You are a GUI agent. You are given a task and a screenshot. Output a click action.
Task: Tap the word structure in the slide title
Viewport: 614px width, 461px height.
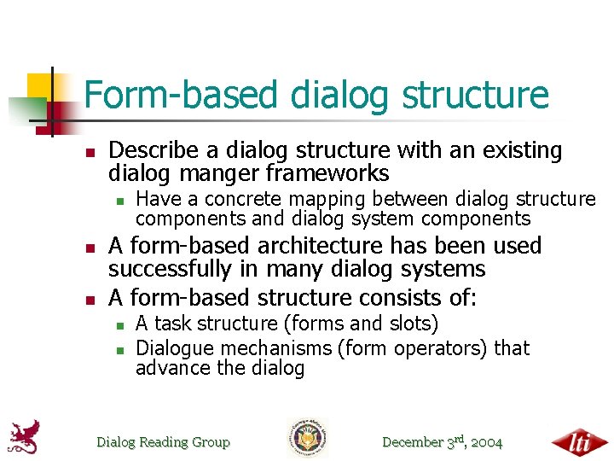475,96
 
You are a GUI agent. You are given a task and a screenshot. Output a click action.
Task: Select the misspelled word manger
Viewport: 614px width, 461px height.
219,173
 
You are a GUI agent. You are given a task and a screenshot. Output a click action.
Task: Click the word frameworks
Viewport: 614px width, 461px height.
327,172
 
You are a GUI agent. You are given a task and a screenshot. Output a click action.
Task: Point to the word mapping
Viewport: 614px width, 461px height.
327,200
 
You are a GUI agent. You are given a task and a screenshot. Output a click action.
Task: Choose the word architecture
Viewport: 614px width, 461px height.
320,246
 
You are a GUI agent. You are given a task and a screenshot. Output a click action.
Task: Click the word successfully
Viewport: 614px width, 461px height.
170,269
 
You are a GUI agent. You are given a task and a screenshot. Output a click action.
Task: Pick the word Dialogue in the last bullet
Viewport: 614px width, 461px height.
176,348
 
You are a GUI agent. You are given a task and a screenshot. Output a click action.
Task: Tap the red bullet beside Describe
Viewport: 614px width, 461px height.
90,153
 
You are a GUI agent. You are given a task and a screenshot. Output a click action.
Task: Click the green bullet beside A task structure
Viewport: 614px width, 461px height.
120,325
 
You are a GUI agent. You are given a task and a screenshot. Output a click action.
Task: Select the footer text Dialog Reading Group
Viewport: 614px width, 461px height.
163,442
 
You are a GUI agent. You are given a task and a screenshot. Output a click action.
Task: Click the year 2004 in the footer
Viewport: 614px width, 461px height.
487,442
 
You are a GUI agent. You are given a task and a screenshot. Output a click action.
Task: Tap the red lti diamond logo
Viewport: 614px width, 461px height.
580,442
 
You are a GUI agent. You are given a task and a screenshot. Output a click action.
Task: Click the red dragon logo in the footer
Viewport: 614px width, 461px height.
26,437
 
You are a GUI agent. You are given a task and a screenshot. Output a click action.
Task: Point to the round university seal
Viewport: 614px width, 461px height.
308,437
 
